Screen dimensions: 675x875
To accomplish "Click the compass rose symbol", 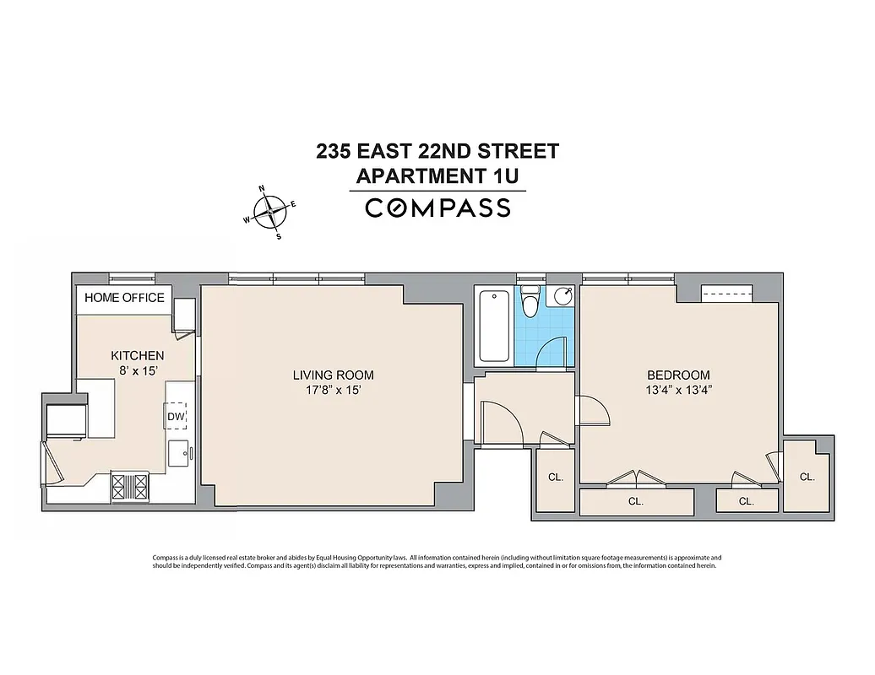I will (x=270, y=211).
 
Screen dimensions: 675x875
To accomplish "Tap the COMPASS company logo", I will (x=437, y=208).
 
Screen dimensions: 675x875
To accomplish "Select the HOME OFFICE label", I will (x=124, y=298).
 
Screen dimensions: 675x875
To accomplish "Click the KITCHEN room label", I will (x=138, y=356).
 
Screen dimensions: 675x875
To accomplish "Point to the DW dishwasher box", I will (x=176, y=417).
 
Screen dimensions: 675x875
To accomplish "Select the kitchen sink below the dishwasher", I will (x=178, y=453).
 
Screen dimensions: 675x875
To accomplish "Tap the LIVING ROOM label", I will (x=333, y=375).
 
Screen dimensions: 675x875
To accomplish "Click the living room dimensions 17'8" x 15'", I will (x=333, y=391).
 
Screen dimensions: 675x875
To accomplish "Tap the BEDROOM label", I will (x=678, y=375).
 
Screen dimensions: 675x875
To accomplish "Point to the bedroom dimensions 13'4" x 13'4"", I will (x=678, y=391).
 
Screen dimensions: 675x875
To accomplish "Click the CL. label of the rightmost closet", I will (x=807, y=477).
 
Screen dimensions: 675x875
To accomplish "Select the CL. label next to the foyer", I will (x=555, y=478).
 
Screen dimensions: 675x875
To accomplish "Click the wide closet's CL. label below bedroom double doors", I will (x=636, y=501).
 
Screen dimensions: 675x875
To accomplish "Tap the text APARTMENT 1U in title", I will (x=437, y=176).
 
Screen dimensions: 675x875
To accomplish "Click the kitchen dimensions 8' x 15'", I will (x=138, y=370).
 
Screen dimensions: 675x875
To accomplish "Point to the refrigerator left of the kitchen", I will (x=66, y=419).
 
